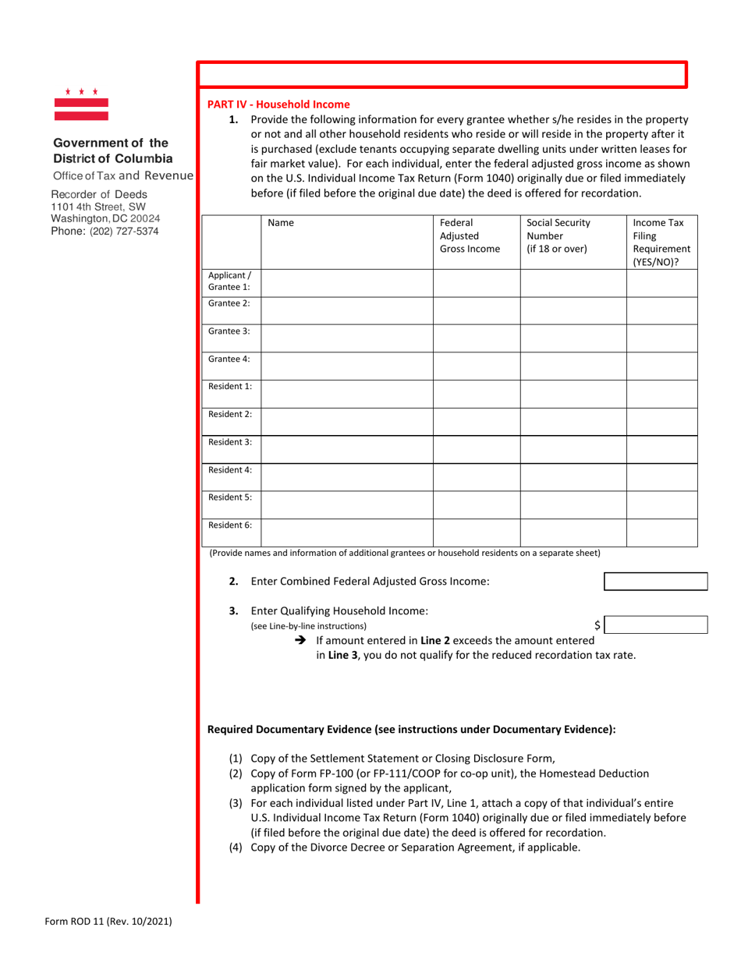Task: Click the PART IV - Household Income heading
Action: (x=278, y=104)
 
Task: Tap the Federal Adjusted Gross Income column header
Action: (x=470, y=236)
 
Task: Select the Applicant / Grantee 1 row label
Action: (x=229, y=281)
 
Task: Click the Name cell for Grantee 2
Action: (x=346, y=310)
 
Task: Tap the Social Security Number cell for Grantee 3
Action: (x=573, y=337)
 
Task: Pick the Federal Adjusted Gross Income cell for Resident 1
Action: (x=477, y=391)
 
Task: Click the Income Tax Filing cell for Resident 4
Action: (x=661, y=474)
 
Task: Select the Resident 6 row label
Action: (x=229, y=526)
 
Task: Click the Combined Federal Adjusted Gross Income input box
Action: (x=655, y=582)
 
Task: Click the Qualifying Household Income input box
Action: (x=655, y=625)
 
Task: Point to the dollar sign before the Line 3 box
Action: (x=597, y=625)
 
